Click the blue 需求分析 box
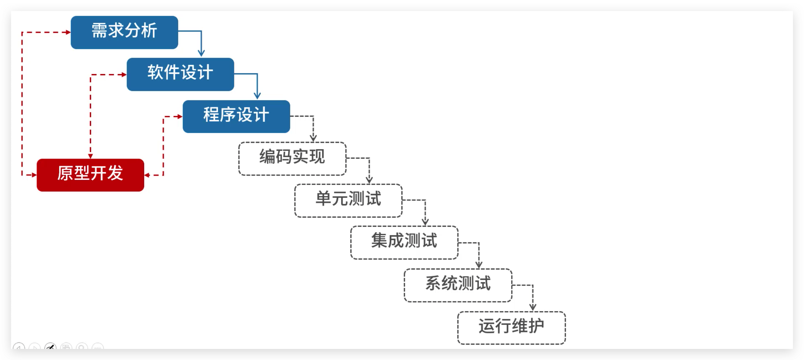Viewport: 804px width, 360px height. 124,32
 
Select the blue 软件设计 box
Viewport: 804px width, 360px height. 180,74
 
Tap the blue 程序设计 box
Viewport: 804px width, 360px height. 236,116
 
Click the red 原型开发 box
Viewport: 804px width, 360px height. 90,175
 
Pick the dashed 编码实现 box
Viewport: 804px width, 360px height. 293,159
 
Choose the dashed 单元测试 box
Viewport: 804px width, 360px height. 348,200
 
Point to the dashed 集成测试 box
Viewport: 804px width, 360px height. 404,242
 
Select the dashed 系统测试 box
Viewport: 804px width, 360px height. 458,285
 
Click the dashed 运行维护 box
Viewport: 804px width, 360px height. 511,328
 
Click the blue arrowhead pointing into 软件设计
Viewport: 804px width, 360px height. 201,53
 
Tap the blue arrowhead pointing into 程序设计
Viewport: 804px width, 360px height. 257,95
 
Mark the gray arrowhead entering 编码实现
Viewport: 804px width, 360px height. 313,138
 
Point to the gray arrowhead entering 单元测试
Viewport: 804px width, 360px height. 369,179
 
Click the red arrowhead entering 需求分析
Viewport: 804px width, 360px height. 68,32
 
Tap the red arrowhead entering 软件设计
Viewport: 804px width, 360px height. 124,75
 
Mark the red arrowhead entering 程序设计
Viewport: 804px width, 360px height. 180,116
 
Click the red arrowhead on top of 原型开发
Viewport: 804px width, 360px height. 90,156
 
